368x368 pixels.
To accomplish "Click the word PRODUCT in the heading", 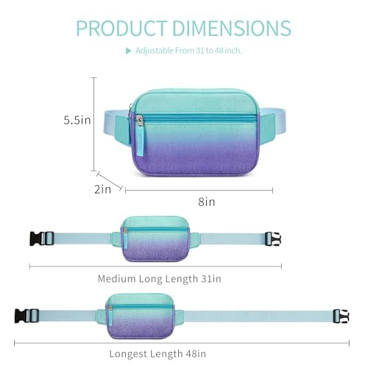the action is pos(121,28).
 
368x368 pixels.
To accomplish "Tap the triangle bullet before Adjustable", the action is pos(128,51).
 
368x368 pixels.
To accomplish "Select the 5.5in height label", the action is pos(77,120).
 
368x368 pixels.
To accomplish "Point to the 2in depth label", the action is pos(102,189).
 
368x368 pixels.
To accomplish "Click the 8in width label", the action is pos(207,202).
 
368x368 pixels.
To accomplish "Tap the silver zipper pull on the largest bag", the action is pos(140,121).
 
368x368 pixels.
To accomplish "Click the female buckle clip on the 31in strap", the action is pos(273,239).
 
